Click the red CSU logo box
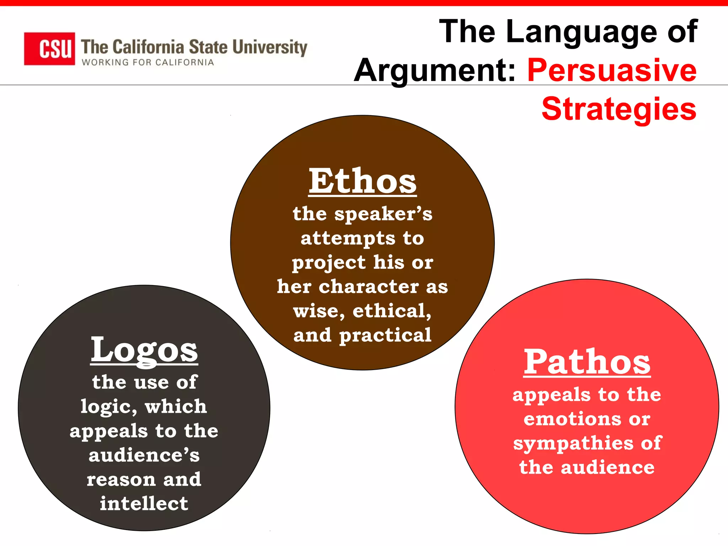click(49, 49)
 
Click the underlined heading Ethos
click(362, 182)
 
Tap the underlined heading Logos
click(144, 350)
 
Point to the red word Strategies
click(619, 109)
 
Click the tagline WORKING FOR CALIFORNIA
click(148, 63)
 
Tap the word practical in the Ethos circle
click(385, 335)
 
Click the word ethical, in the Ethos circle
click(392, 311)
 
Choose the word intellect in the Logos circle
click(144, 503)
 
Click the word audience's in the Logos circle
click(144, 455)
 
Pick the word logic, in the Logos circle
click(109, 407)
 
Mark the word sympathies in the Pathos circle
click(573, 444)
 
